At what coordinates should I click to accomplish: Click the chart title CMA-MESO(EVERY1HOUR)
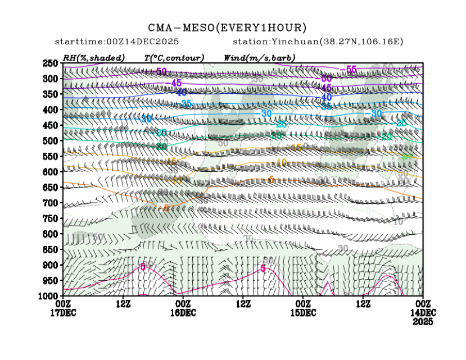tap(227, 28)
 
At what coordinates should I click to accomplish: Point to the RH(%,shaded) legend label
tap(94, 58)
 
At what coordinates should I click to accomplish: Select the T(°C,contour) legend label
tap(174, 58)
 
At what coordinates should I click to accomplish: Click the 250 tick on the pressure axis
tap(51, 63)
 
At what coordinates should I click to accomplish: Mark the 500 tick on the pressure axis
tap(51, 140)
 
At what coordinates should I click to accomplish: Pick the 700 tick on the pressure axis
tap(51, 202)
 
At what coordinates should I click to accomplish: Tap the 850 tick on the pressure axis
tap(51, 249)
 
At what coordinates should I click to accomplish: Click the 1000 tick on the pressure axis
tap(49, 295)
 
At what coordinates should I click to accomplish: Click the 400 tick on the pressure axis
tap(51, 110)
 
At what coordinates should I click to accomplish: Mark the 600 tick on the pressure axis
tap(51, 171)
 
